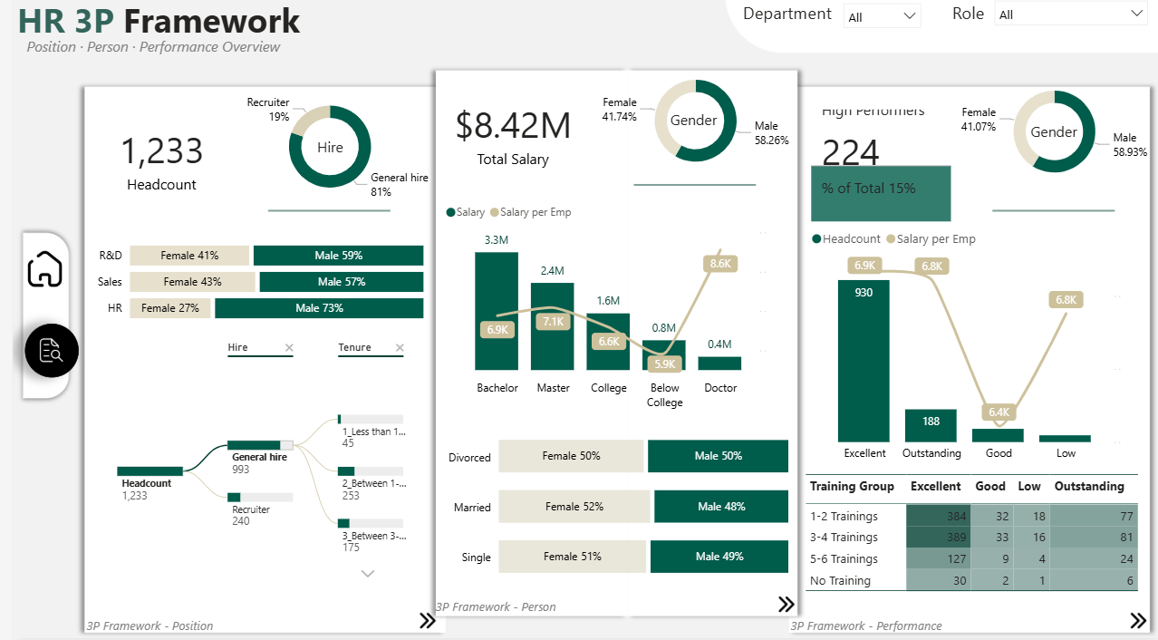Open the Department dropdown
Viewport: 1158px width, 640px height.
(x=882, y=16)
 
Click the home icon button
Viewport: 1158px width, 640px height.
(x=45, y=269)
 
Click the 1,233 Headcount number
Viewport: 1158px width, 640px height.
(x=161, y=151)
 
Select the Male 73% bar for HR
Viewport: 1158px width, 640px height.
(x=319, y=308)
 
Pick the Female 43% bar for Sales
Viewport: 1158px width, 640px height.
(x=193, y=282)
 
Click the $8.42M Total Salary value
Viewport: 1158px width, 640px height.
(x=513, y=126)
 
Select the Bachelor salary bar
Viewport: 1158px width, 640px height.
(x=497, y=310)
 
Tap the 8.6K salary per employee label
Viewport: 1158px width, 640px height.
(x=720, y=263)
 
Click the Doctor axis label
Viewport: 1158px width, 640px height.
(x=721, y=388)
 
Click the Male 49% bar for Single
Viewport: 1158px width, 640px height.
(x=720, y=557)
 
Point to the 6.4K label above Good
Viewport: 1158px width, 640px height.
(x=999, y=412)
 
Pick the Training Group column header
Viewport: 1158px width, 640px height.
(x=852, y=487)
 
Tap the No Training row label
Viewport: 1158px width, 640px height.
(x=840, y=581)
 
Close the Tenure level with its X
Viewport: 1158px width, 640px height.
(x=400, y=348)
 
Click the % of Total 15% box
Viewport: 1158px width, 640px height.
(x=881, y=192)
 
